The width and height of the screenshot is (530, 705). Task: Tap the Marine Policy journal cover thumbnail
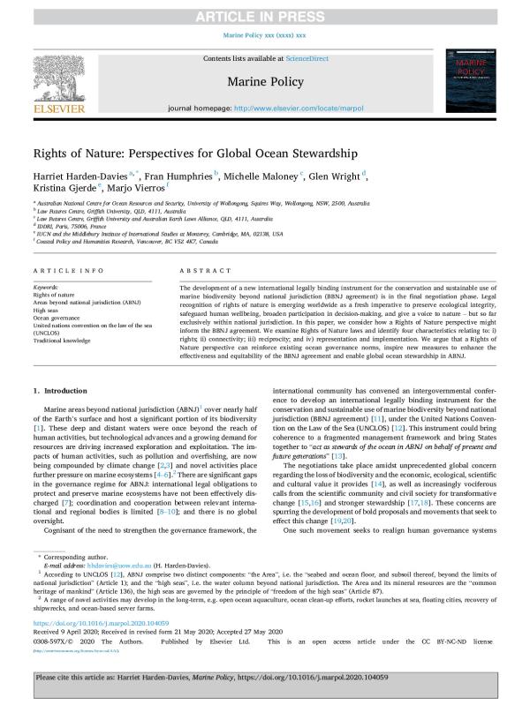tap(474, 80)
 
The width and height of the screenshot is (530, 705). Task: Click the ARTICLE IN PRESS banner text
tap(264, 11)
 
